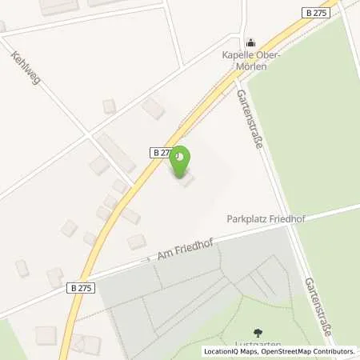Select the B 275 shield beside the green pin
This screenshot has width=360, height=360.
pos(162,151)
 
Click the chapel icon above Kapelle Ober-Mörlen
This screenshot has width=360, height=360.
pos(250,42)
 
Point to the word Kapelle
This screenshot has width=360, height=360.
pos(237,55)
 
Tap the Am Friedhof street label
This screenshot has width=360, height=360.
pos(171,254)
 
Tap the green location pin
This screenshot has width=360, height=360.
pos(181,158)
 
